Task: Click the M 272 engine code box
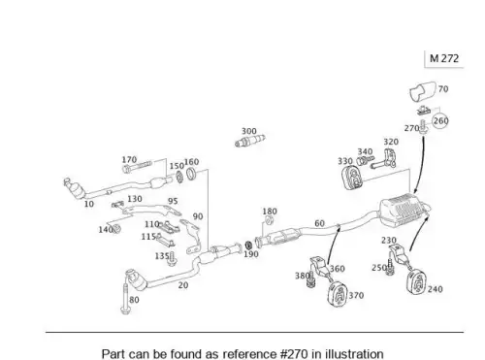(444, 59)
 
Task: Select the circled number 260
(440, 120)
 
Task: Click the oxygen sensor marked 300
(250, 141)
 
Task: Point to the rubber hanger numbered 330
(352, 179)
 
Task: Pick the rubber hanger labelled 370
(338, 293)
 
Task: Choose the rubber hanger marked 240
(417, 283)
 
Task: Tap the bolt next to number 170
(137, 167)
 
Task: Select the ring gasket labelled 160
(191, 174)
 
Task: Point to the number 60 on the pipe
(319, 223)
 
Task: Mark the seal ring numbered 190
(248, 245)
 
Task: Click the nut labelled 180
(269, 220)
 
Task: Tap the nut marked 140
(116, 229)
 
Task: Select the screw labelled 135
(172, 259)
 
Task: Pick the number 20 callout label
(183, 285)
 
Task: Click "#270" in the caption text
(294, 354)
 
